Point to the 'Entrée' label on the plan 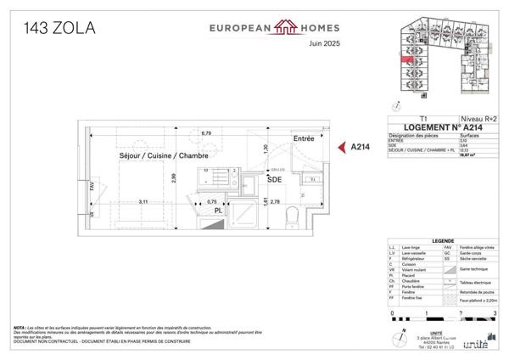click(x=304, y=138)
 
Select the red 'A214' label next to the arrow click(x=362, y=147)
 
